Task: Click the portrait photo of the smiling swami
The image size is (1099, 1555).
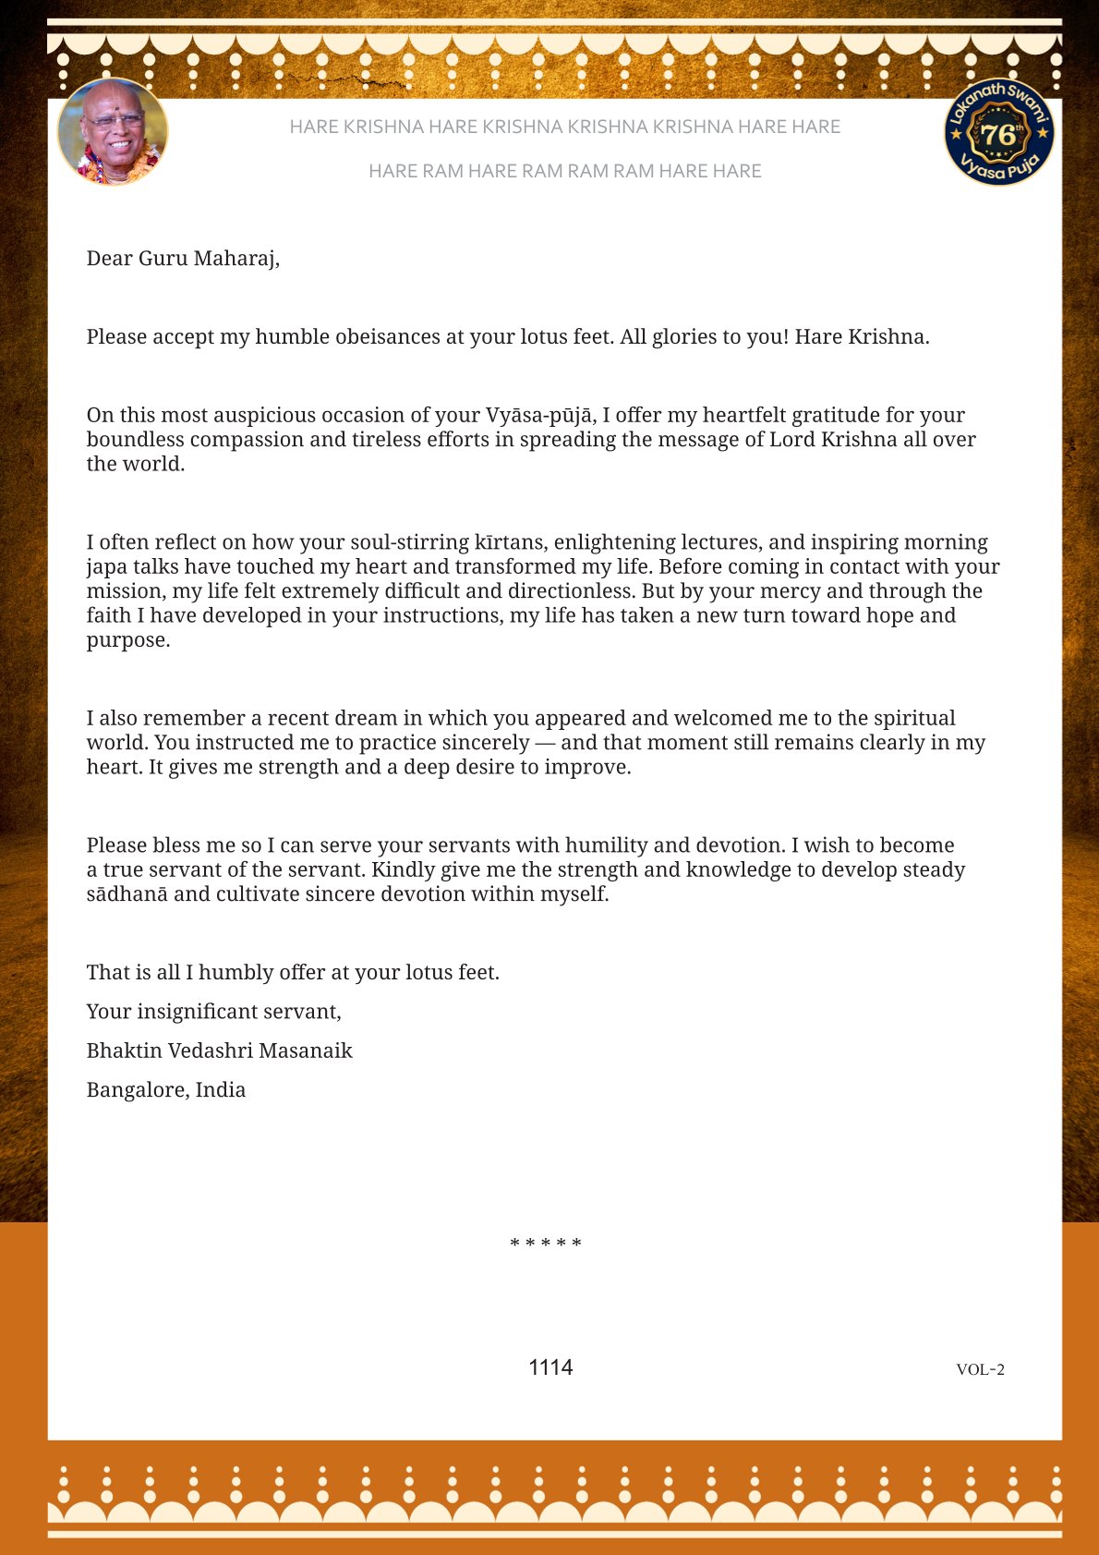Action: (x=113, y=132)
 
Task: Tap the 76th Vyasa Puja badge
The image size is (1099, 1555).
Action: (x=999, y=132)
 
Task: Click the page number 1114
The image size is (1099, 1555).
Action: (x=550, y=1367)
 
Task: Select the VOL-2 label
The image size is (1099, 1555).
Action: (x=980, y=1369)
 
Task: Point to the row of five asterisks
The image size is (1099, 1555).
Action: (x=546, y=1244)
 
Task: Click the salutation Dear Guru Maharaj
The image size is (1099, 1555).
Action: (x=183, y=259)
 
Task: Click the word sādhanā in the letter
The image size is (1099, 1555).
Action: (x=127, y=894)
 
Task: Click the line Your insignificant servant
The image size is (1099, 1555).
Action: (x=213, y=1012)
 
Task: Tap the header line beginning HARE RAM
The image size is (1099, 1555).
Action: (x=564, y=171)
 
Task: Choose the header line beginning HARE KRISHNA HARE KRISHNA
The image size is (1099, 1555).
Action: (x=564, y=127)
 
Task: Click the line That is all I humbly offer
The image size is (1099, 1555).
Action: (x=293, y=973)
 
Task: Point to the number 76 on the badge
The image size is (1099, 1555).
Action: (x=997, y=135)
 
